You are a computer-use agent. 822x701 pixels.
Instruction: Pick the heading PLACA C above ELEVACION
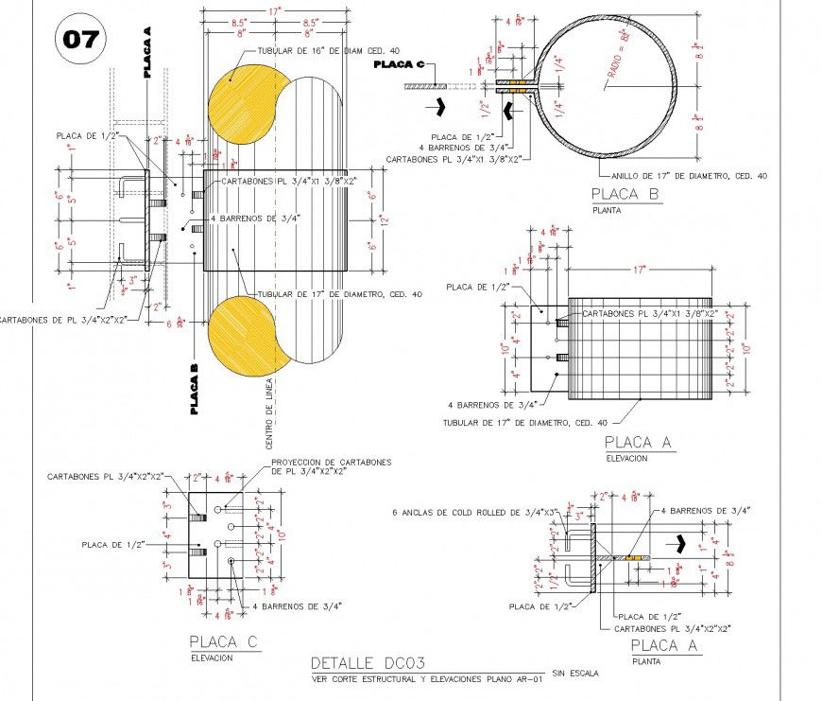tap(223, 642)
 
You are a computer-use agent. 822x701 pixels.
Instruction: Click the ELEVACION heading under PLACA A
tap(626, 458)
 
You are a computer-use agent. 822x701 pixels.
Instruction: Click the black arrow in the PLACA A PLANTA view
tap(679, 544)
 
